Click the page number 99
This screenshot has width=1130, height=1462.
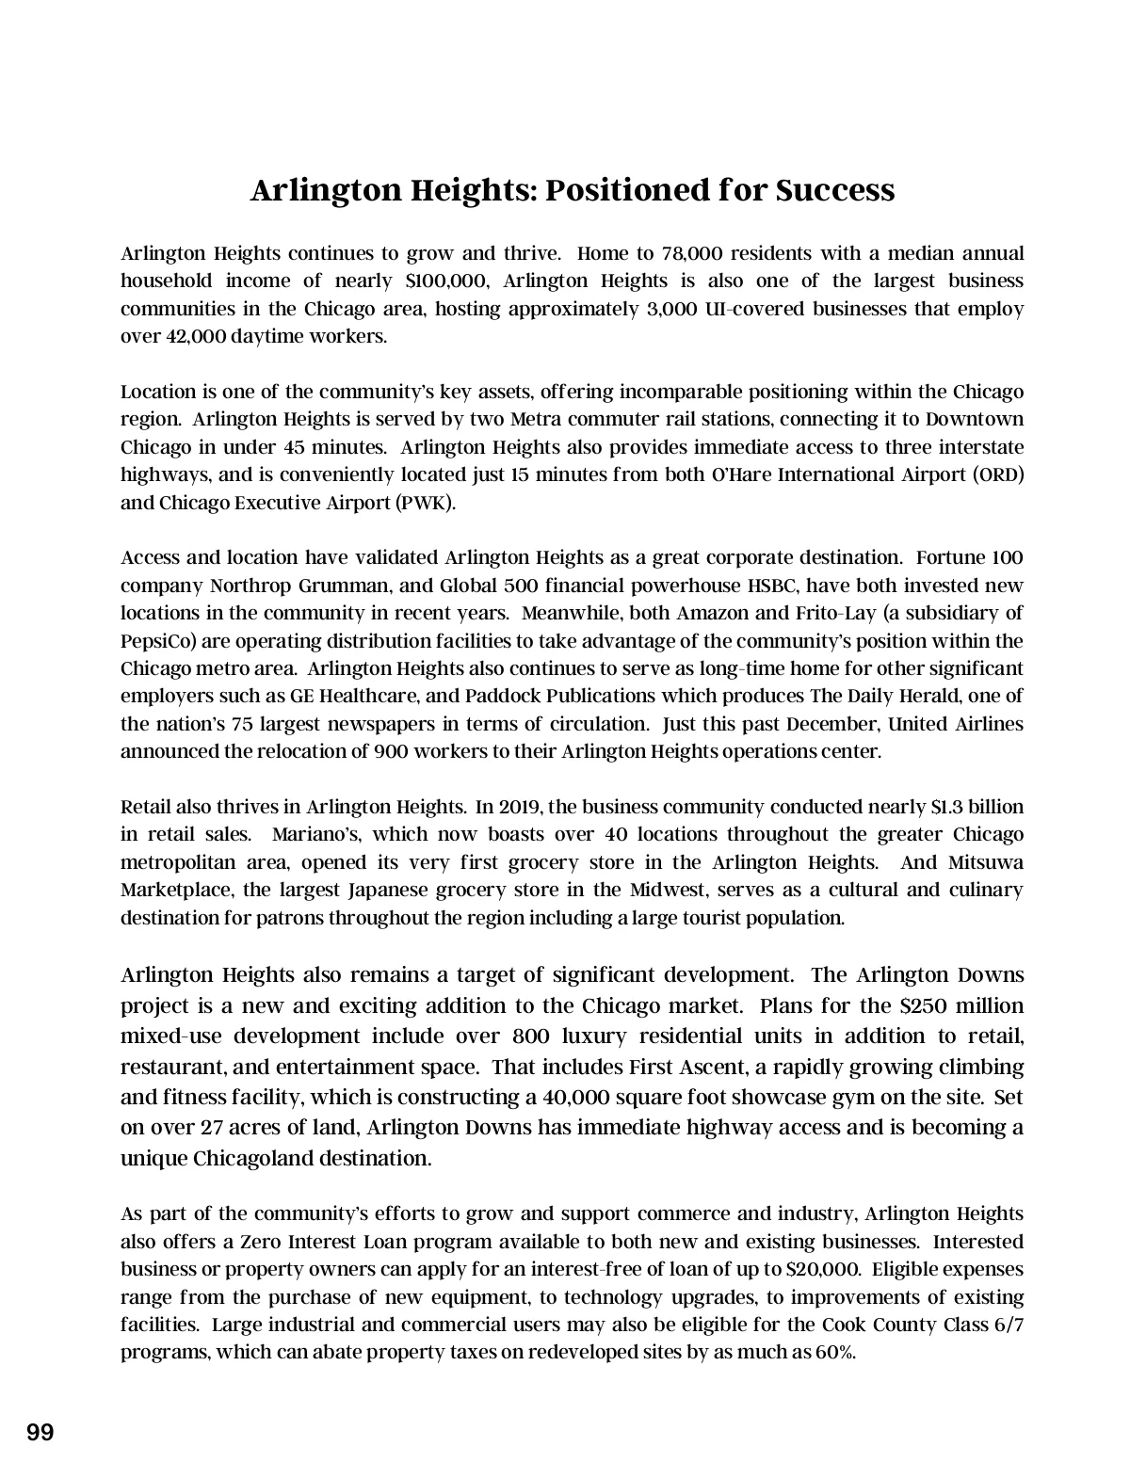pos(40,1433)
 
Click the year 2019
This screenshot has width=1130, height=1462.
pos(520,807)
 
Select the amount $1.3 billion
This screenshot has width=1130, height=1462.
pos(977,807)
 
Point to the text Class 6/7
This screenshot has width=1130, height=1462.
pos(983,1325)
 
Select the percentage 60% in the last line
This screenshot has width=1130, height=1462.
pos(835,1353)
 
